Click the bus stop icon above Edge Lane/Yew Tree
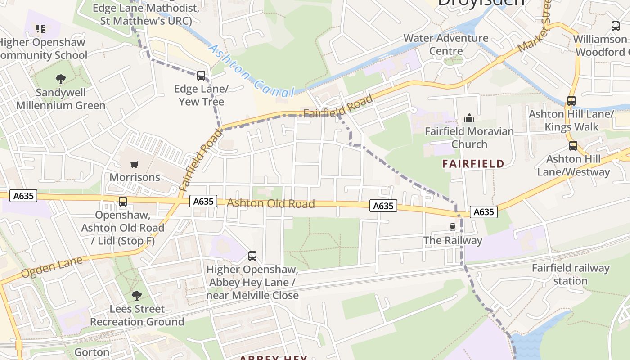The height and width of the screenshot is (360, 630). tap(201, 75)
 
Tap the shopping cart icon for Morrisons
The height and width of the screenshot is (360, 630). tap(134, 164)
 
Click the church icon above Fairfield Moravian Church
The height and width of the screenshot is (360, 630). tap(469, 118)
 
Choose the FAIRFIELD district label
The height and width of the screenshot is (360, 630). tap(473, 164)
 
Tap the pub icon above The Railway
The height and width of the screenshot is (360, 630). tap(453, 227)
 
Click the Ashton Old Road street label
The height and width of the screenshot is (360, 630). tap(270, 203)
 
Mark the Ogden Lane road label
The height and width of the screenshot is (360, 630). tap(52, 267)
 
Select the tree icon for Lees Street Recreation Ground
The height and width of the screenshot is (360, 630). tap(137, 296)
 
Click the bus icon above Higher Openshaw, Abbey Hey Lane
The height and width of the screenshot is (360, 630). tap(252, 256)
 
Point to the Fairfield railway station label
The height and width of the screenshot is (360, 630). tap(570, 274)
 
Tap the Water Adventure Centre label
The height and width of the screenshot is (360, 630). tap(445, 44)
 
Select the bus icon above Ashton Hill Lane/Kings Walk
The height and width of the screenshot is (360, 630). tap(571, 101)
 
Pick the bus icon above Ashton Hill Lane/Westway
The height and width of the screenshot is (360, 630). tap(573, 146)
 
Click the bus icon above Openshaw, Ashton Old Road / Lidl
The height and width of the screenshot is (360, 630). tap(123, 202)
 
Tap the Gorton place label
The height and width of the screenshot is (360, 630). tap(92, 352)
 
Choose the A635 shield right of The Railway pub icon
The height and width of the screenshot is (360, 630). tap(484, 212)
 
